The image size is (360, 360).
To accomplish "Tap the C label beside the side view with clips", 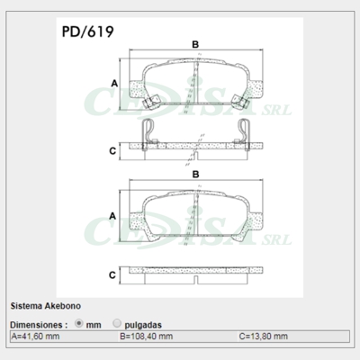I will [x=112, y=150].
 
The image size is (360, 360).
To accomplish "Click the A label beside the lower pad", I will [x=112, y=217].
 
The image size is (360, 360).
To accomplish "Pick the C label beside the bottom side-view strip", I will [x=112, y=274].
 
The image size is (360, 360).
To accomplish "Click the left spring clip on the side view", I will [x=149, y=135].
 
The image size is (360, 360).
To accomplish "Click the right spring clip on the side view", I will [x=239, y=135].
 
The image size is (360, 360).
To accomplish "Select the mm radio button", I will [x=79, y=322].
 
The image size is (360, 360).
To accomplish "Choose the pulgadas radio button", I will [x=118, y=322].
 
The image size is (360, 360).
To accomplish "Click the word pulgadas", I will [x=145, y=323].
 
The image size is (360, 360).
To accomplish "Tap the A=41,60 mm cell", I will [x=36, y=336].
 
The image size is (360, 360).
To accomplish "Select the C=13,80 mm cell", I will [x=265, y=336].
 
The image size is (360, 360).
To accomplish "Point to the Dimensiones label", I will [x=38, y=323].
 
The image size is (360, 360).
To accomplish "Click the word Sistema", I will [x=24, y=306].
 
